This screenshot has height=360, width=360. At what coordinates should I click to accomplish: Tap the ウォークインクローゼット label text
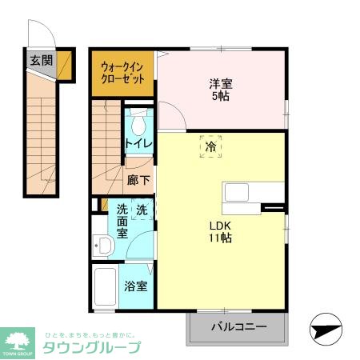coord(122,74)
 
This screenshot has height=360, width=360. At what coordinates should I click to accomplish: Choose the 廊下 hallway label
coord(138,181)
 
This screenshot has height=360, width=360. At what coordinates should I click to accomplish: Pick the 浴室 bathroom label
coord(135,286)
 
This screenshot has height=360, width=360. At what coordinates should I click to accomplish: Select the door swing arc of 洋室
coord(174,116)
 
